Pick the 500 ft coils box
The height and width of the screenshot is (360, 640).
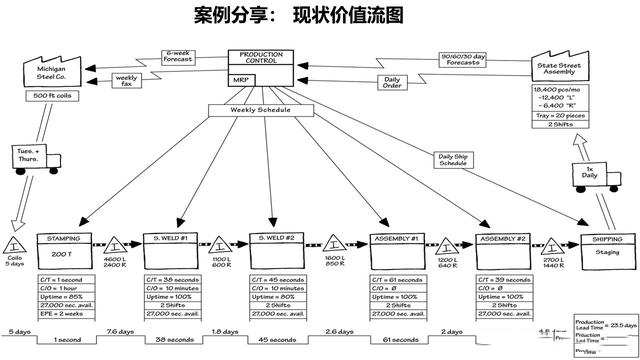[x=51, y=96]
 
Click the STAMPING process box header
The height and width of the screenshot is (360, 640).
[x=66, y=239]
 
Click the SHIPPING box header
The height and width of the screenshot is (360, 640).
[x=605, y=239]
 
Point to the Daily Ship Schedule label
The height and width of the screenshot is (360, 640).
[x=460, y=158]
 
